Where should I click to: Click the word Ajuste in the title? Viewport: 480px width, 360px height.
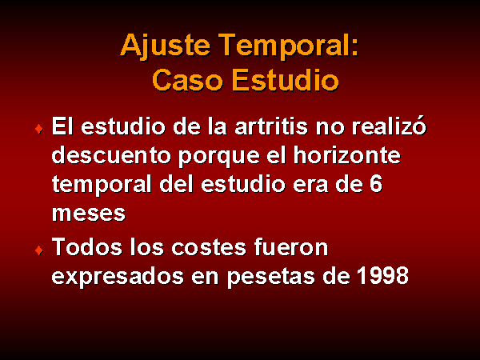pos(166,46)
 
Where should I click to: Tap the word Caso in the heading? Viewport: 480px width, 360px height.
pos(187,80)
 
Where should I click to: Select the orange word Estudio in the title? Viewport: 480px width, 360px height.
pos(286,79)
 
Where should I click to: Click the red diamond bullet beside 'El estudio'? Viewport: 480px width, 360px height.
pos(39,129)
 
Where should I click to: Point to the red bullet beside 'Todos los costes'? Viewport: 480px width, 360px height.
pos(39,250)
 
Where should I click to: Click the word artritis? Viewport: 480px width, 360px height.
pos(271,126)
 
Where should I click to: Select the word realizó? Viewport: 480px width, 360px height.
pos(389,126)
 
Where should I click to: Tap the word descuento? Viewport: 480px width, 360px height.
pos(111,155)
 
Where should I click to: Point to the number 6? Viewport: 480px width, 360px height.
pos(376,184)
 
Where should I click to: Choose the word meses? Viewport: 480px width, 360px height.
pos(89,213)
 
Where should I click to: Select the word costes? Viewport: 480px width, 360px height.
pos(209,247)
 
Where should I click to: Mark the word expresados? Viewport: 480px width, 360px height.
pos(118,277)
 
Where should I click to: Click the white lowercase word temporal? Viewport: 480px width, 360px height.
pos(102,186)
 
